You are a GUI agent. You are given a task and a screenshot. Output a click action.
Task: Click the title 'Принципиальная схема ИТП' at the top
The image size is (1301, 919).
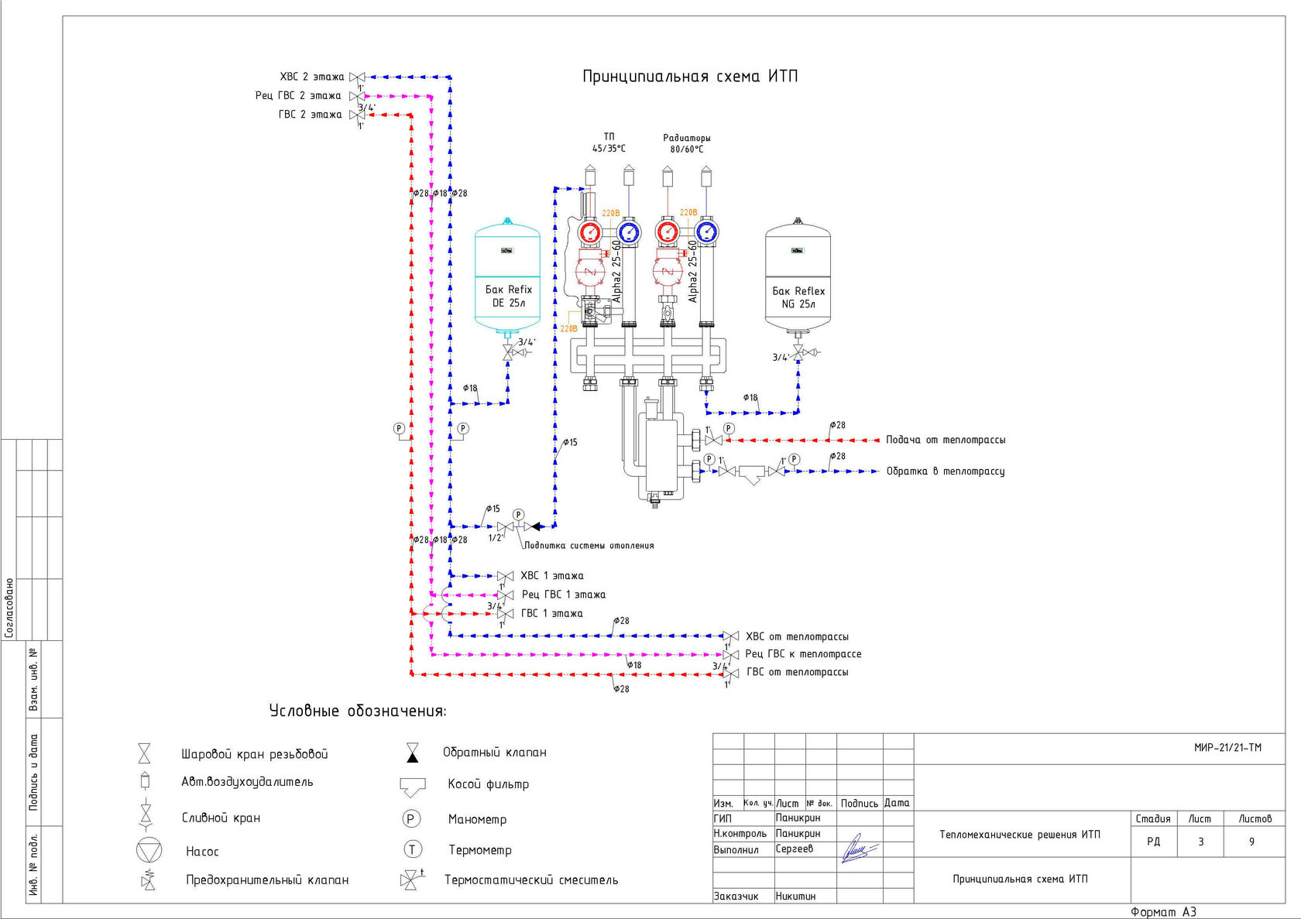pyautogui.click(x=689, y=77)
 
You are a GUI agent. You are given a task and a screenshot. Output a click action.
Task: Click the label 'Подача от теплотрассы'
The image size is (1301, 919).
pyautogui.click(x=946, y=440)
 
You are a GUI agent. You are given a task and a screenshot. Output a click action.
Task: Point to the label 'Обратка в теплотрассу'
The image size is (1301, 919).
pyautogui.click(x=946, y=471)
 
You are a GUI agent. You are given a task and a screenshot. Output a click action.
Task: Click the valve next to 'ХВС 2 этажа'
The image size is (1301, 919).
pyautogui.click(x=357, y=77)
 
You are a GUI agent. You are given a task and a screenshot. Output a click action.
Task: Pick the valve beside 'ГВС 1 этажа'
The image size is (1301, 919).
pyautogui.click(x=505, y=614)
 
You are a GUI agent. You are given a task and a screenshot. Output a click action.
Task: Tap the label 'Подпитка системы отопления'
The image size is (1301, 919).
pyautogui.click(x=589, y=546)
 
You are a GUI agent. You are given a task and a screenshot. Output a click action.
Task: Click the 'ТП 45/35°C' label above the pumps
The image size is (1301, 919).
pyautogui.click(x=609, y=142)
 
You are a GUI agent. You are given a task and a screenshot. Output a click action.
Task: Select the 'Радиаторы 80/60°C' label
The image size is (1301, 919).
pyautogui.click(x=687, y=143)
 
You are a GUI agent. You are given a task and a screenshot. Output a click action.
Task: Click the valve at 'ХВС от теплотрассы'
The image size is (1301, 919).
pyautogui.click(x=730, y=636)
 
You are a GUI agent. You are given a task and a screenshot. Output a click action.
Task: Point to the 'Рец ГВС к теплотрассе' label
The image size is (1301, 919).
pyautogui.click(x=803, y=654)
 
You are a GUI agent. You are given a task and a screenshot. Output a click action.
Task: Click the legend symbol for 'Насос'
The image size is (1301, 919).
pyautogui.click(x=149, y=850)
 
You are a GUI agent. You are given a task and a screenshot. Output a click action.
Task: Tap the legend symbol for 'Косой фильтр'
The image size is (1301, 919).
pyautogui.click(x=413, y=787)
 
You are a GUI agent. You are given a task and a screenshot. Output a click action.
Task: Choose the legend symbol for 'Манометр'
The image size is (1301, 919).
pyautogui.click(x=411, y=818)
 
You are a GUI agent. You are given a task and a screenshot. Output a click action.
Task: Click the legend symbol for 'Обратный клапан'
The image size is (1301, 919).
pyautogui.click(x=413, y=753)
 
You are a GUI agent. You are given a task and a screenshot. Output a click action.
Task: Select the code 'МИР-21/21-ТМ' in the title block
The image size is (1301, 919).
pyautogui.click(x=1227, y=748)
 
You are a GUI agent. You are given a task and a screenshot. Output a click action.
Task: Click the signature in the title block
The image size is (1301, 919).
pyautogui.click(x=858, y=849)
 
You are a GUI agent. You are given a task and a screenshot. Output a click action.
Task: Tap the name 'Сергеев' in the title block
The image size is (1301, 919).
pyautogui.click(x=795, y=849)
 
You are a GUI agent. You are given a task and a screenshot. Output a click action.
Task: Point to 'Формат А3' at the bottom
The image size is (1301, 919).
pyautogui.click(x=1163, y=912)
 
